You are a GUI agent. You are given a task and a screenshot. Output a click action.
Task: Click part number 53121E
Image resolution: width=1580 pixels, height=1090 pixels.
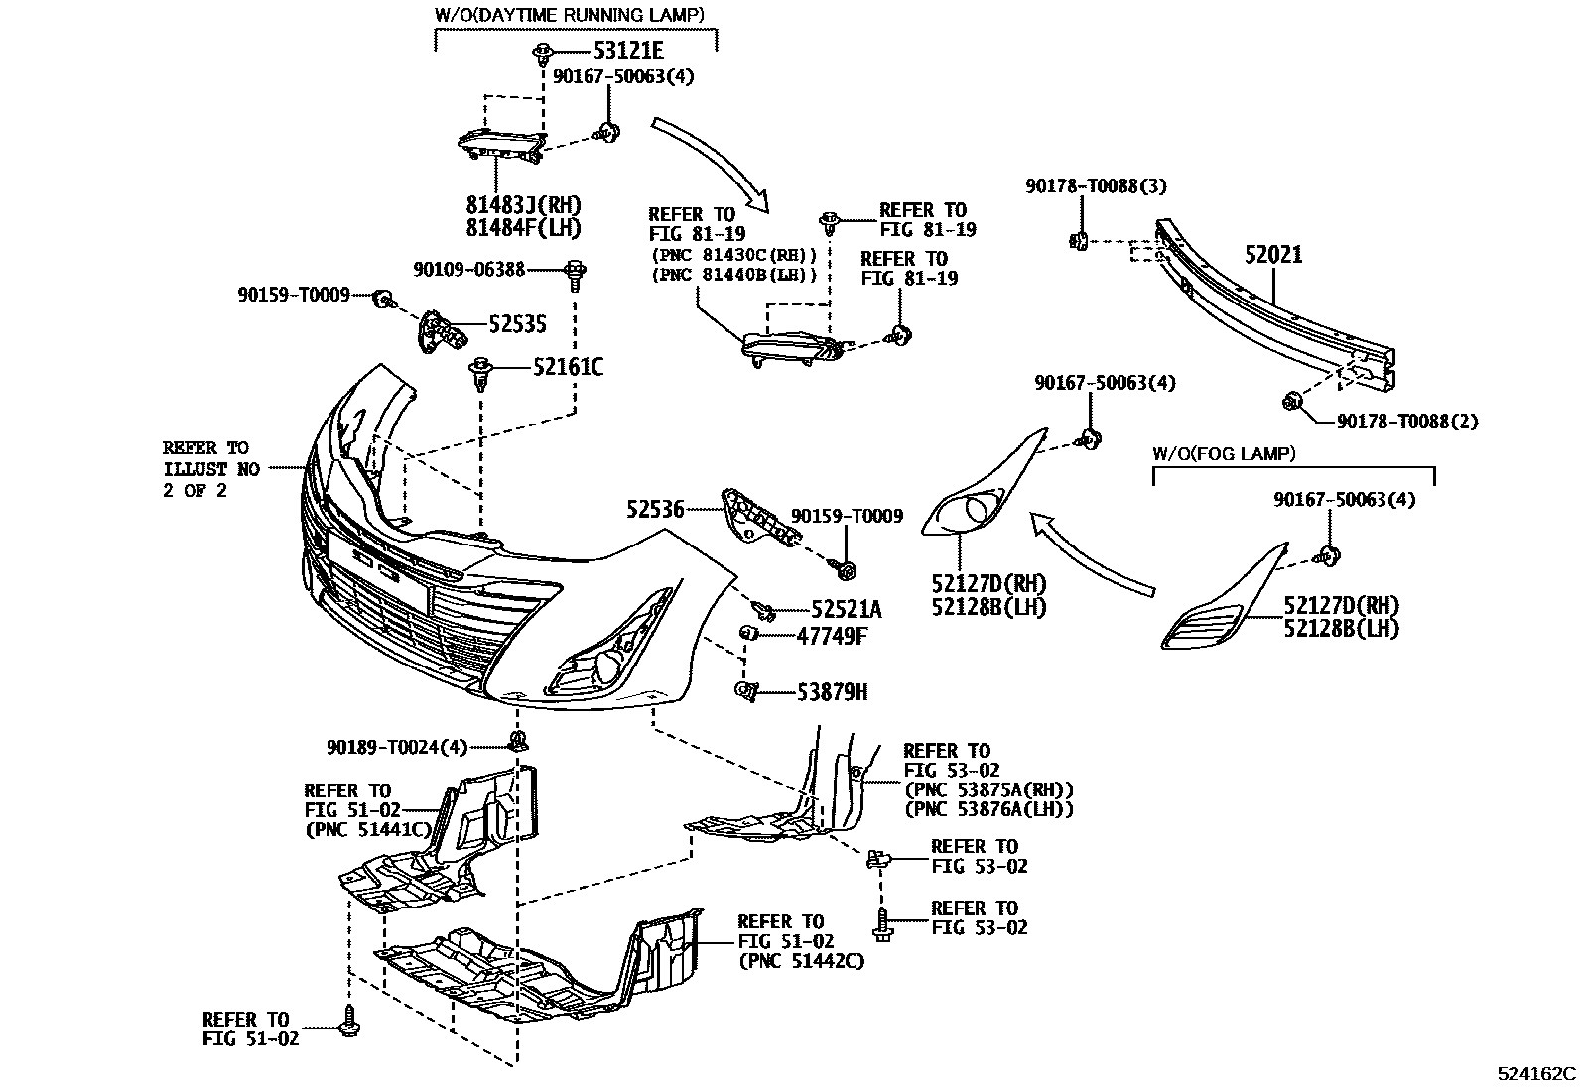pos(628,51)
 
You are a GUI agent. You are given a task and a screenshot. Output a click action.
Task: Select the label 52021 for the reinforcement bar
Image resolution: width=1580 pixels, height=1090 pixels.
pos(1273,255)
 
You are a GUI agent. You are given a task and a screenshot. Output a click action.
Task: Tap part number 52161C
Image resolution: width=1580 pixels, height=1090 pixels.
pos(567,368)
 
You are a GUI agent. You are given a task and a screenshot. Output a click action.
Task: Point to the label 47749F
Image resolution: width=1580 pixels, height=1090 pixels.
pos(831,636)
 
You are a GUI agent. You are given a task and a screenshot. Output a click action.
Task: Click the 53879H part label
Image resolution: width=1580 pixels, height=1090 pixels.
pos(832,692)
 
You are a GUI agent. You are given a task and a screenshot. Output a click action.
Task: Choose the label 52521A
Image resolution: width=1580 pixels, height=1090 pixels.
pos(846,609)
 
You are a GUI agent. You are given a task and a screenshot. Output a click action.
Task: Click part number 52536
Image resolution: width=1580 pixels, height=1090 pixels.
pos(655,510)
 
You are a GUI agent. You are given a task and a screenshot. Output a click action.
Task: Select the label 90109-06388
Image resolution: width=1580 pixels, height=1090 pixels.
pos(469,269)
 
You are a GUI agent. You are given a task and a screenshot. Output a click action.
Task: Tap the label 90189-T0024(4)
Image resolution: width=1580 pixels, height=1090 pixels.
pos(396,746)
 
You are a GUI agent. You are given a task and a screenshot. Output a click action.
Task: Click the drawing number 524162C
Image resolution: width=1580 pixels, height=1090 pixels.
pos(1536,1073)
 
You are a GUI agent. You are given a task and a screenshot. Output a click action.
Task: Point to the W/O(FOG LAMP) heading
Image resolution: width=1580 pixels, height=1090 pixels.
pos(1223,454)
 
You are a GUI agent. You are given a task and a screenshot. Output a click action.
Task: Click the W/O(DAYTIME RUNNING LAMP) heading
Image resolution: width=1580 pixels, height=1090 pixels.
pos(570,15)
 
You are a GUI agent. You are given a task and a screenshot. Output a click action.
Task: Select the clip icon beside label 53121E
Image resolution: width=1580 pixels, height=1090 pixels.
pos(544,51)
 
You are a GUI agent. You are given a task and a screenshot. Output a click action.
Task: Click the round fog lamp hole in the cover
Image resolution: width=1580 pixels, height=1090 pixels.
pos(976,511)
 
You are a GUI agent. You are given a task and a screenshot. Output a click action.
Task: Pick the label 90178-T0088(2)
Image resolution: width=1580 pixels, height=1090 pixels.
pos(1407,422)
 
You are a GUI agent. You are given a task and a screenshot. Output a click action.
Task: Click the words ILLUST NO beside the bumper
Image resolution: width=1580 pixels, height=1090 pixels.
pos(210,469)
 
